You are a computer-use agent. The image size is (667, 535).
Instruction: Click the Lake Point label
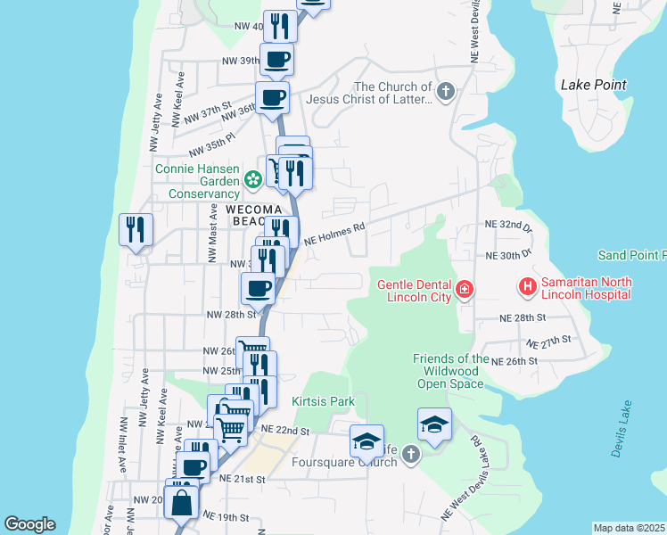593,86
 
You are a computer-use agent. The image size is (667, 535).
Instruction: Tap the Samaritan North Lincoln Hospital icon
527,287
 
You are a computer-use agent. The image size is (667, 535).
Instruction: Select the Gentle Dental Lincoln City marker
465,289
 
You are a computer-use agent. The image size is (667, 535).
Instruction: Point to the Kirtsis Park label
324,402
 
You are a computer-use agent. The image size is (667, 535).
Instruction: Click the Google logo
29,525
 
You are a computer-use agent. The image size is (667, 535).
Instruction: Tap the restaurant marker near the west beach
136,230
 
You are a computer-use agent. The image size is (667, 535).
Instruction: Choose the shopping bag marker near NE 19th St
182,501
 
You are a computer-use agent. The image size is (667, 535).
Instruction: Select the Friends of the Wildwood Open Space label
450,371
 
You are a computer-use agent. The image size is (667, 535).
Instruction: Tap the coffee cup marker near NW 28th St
259,288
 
